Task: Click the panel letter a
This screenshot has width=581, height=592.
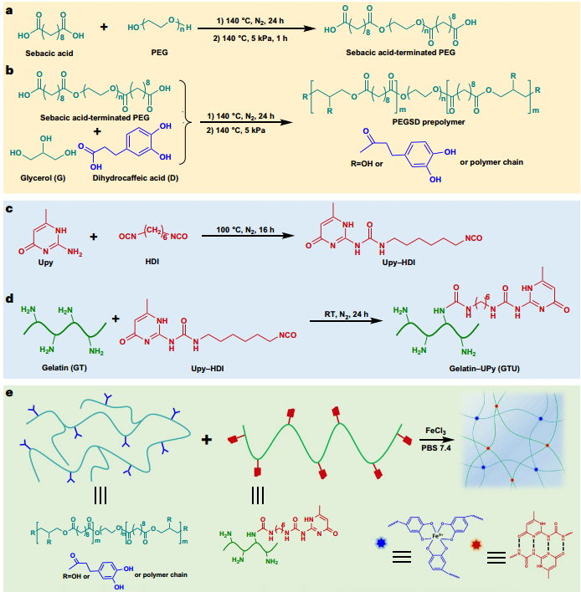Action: tap(9, 11)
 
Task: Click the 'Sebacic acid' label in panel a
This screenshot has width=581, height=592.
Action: tap(49, 54)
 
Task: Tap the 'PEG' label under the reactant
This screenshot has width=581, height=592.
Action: tap(160, 53)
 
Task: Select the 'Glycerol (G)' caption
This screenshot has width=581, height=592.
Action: tap(43, 178)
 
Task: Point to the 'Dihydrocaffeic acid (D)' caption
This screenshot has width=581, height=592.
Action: tap(136, 178)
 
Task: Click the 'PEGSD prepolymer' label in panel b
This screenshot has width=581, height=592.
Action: tap(429, 122)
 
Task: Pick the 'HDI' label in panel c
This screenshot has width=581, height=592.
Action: tap(152, 261)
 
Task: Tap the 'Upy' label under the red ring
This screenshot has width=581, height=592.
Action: tap(45, 263)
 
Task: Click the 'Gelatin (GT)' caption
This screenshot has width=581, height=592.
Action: tap(64, 367)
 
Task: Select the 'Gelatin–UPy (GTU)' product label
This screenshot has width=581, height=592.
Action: tap(484, 368)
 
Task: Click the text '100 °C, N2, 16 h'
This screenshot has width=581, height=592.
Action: tap(245, 230)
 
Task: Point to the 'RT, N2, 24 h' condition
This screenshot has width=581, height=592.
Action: tap(346, 314)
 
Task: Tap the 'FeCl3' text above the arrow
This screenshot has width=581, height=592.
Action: tap(435, 431)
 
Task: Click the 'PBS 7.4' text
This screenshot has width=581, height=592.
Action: tap(436, 448)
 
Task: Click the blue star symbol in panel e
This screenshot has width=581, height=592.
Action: tap(381, 543)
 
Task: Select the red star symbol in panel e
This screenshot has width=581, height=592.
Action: tap(476, 545)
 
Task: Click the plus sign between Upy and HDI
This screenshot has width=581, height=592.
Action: tap(94, 237)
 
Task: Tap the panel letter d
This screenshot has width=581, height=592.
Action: tap(9, 299)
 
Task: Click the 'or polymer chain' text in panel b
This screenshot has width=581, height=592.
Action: tap(491, 162)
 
